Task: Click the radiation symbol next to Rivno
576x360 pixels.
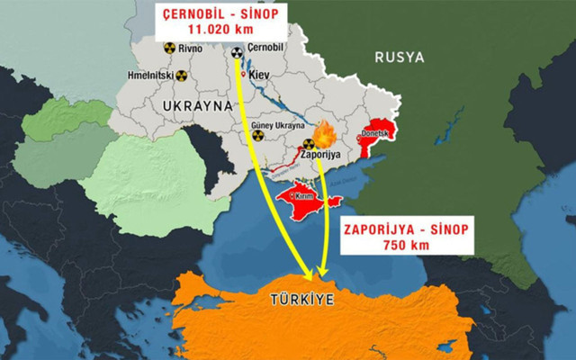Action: click(168, 51)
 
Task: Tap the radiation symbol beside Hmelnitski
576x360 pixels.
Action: click(180, 77)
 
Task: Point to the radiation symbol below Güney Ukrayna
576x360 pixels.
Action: click(257, 136)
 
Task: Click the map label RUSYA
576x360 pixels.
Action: click(399, 58)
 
